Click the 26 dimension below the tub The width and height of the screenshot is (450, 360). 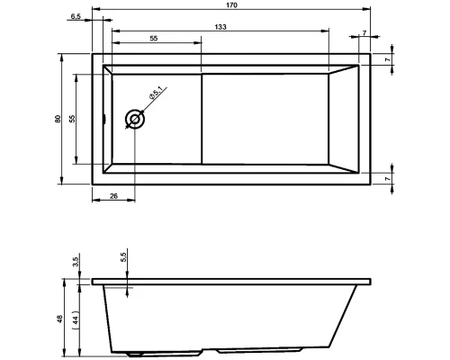coord(113,196)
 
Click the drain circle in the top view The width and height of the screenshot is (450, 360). coord(135,118)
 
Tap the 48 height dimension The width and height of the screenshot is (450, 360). coord(59,319)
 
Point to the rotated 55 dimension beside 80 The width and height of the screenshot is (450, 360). coord(73,118)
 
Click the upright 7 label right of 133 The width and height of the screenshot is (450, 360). coord(364,34)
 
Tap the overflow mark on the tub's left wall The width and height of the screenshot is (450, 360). coord(105,118)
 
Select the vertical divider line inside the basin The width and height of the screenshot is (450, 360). coord(202,118)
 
